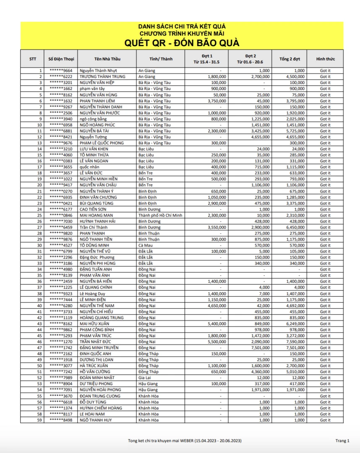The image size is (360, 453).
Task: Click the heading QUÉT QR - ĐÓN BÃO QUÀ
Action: (182, 43)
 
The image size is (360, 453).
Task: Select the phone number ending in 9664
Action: (61, 71)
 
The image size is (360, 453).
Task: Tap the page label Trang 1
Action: (342, 441)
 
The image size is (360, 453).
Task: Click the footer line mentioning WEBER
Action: (185, 441)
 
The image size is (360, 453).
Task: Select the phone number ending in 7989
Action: (61, 378)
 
